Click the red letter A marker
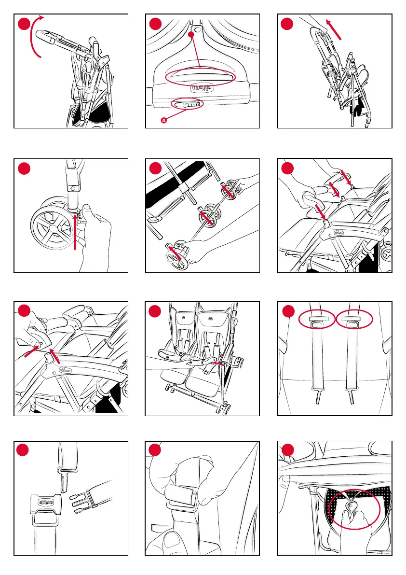[x=164, y=121]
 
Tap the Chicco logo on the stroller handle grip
[x=202, y=87]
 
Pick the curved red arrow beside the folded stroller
[x=35, y=36]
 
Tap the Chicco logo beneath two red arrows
[x=67, y=370]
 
